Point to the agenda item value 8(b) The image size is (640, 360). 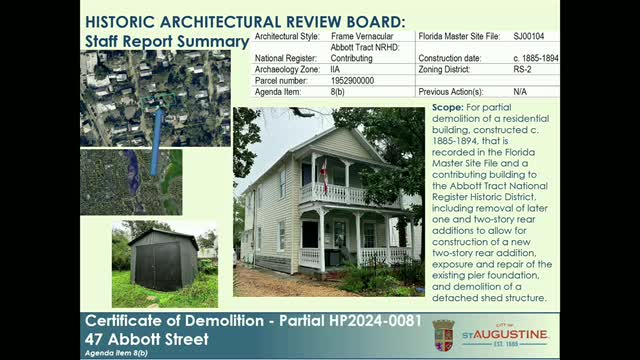click(x=339, y=91)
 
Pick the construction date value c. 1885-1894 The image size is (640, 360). click(x=536, y=58)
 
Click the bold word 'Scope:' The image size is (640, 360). click(x=449, y=107)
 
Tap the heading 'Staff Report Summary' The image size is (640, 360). click(x=166, y=41)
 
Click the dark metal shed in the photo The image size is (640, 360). click(x=163, y=260)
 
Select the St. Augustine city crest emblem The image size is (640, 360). click(x=443, y=334)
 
